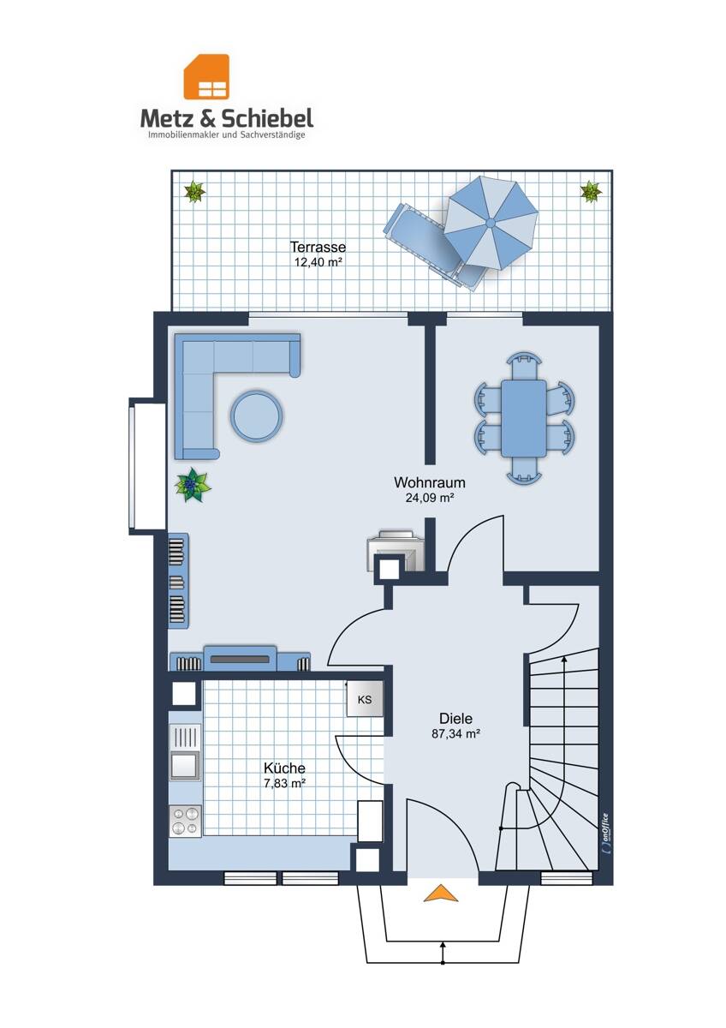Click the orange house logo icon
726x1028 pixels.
[x=206, y=76]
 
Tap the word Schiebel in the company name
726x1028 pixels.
[x=267, y=118]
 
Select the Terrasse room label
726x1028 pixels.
[x=318, y=247]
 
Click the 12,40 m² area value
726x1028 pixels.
[x=318, y=262]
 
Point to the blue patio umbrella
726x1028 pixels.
[x=491, y=223]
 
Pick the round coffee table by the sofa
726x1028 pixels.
[x=256, y=415]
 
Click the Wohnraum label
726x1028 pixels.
[x=429, y=482]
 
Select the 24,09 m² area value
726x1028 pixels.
[x=430, y=498]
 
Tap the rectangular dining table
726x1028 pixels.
[x=524, y=418]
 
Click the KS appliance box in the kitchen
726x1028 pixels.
[x=365, y=700]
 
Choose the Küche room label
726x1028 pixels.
[x=284, y=768]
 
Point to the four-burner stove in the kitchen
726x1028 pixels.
[x=185, y=821]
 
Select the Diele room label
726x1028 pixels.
[x=455, y=718]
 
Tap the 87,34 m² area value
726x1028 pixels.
[x=455, y=733]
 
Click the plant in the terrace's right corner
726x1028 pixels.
[x=590, y=191]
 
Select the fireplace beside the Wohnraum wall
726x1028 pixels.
[x=396, y=550]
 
